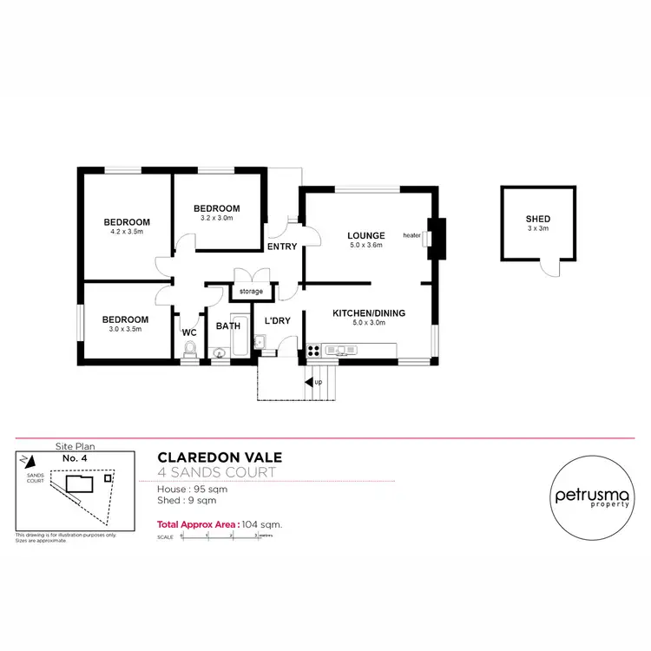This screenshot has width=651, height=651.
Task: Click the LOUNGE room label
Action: [x=365, y=235]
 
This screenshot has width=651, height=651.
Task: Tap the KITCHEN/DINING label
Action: [x=369, y=312]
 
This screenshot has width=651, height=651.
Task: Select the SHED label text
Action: [x=537, y=219]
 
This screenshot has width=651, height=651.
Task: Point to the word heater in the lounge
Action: [x=411, y=235]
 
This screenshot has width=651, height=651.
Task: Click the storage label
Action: [x=251, y=291]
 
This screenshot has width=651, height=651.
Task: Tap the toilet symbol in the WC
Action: [x=190, y=349]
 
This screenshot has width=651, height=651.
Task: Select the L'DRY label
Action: [x=277, y=320]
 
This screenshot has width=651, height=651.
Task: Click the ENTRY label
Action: [x=282, y=247]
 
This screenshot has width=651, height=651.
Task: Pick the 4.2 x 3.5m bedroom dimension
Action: [x=126, y=232]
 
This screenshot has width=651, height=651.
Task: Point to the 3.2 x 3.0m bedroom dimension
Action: [x=216, y=218]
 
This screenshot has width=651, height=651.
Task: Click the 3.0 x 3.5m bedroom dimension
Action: [x=126, y=330]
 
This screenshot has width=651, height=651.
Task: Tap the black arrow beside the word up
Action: [x=308, y=381]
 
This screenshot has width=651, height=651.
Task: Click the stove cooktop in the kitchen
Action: [x=313, y=351]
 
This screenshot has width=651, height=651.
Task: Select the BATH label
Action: [x=228, y=326]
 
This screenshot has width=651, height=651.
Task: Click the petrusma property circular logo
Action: [x=587, y=497]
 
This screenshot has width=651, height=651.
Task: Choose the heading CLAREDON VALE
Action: [x=219, y=457]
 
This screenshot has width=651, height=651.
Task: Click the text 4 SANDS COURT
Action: [x=216, y=473]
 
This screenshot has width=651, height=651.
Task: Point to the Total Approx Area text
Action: [x=220, y=524]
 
